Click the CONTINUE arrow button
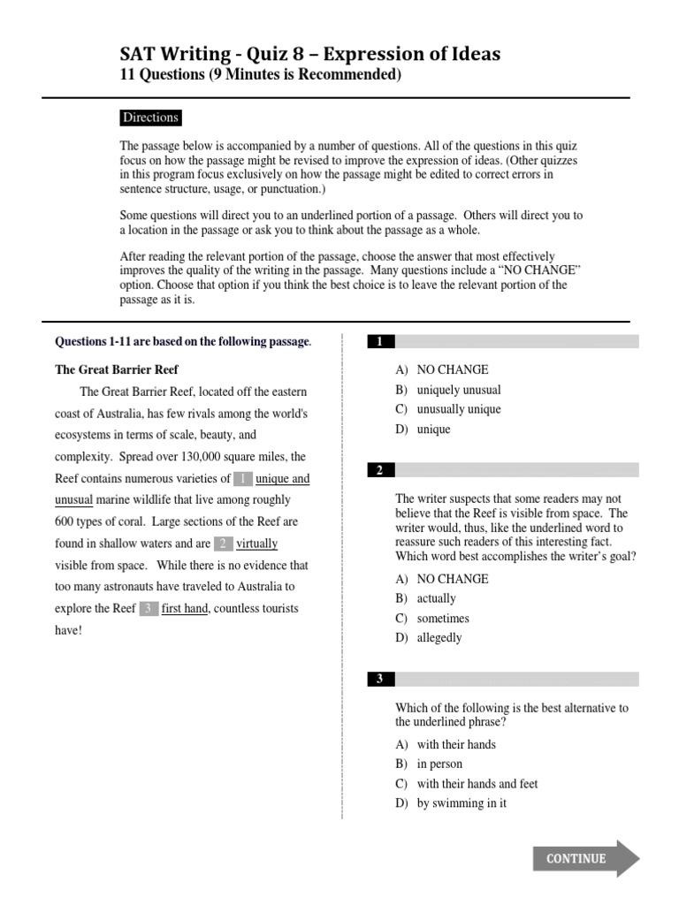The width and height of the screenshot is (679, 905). tap(584, 858)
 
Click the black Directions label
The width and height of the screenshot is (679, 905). tap(150, 118)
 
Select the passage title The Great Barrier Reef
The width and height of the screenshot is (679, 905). tap(117, 369)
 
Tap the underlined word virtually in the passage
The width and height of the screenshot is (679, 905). tap(257, 544)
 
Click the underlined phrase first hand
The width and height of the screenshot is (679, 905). tap(184, 608)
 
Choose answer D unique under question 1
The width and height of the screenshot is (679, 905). tap(433, 430)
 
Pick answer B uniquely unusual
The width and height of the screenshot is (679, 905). tap(458, 390)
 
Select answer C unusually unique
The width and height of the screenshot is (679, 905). tap(458, 409)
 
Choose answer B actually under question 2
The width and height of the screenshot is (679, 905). tap(436, 598)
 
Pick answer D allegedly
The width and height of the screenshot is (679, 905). tap(439, 638)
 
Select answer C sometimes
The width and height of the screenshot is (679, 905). tap(442, 619)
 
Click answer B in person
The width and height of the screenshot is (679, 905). tap(439, 764)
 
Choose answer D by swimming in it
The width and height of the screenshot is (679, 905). tap(462, 803)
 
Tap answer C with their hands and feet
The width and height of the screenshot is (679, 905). tap(477, 784)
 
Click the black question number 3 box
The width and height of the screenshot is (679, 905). tap(380, 679)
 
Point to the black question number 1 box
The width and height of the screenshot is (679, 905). tap(380, 341)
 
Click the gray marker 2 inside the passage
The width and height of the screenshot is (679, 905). tap(224, 544)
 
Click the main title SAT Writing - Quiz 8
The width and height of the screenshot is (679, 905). tap(309, 55)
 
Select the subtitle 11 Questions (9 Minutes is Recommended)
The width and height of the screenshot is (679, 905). tap(260, 75)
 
